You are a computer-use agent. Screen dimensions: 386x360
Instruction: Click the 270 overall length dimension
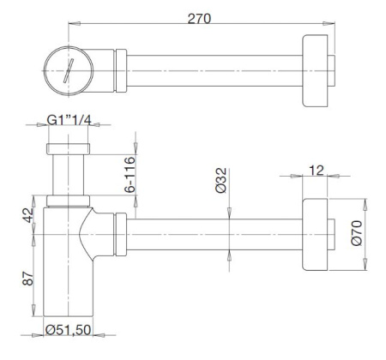coord(199,19)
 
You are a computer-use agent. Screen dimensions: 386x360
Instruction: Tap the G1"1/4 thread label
coord(69,120)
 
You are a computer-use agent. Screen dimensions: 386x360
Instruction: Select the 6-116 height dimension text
coord(130,174)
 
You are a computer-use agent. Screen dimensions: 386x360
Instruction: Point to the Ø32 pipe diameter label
coord(220,180)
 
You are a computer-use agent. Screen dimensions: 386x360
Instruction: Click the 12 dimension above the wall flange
coord(317,171)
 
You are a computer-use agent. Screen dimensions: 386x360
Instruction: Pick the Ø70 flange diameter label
coord(357,233)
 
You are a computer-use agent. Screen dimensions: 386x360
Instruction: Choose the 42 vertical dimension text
coord(28,215)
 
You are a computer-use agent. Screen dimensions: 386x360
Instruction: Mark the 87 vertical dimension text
coord(28,279)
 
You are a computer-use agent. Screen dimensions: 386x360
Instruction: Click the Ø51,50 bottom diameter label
coord(69,330)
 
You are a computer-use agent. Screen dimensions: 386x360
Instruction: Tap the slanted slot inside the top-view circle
coord(69,70)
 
